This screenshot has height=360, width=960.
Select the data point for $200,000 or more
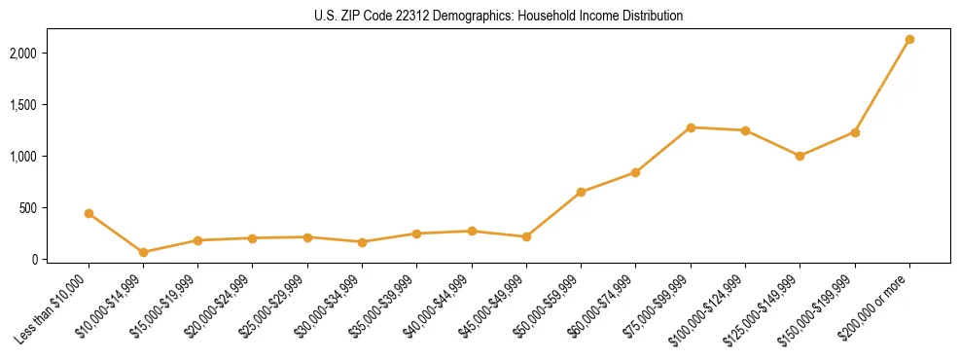909,40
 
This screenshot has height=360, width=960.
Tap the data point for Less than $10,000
89,213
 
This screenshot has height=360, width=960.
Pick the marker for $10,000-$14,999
144,252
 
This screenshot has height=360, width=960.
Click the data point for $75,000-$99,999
691,127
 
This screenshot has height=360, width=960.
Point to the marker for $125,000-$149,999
800,156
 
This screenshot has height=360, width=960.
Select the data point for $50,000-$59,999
581,193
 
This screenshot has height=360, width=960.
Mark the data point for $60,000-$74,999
635,172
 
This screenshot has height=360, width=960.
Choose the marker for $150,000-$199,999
855,132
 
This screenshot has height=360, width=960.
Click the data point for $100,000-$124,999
745,130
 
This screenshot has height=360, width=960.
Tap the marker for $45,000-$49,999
526,236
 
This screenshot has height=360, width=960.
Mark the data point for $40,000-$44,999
472,232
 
